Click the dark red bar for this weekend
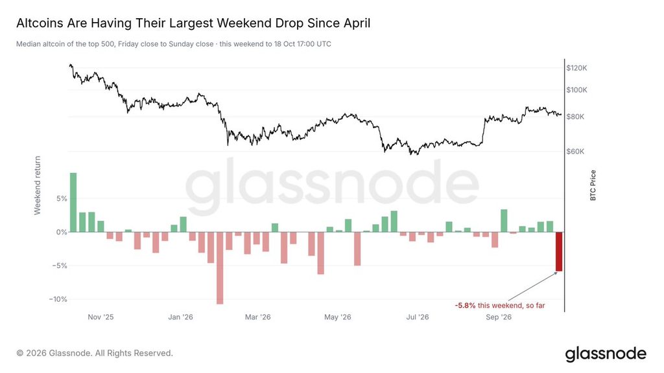(559, 252)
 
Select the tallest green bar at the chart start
(73, 203)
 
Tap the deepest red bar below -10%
(220, 268)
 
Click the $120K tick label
(576, 68)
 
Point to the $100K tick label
(576, 90)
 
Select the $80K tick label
(575, 117)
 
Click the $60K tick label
(575, 152)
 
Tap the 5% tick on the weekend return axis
(62, 199)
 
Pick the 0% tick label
(62, 232)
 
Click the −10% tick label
(58, 299)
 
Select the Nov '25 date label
(101, 317)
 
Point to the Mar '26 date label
(257, 317)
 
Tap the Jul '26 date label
(418, 317)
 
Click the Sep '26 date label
(499, 317)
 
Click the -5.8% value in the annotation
(465, 306)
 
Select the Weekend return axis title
(38, 185)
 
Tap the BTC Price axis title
(593, 185)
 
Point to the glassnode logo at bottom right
(606, 354)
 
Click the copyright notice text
(95, 353)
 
